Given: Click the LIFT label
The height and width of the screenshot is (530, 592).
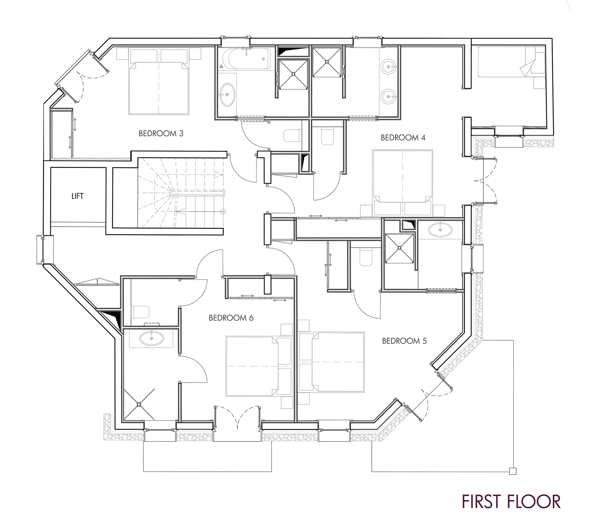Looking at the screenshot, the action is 77,196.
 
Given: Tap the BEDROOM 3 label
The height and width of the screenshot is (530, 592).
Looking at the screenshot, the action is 161,134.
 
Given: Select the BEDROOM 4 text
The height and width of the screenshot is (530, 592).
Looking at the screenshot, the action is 403,138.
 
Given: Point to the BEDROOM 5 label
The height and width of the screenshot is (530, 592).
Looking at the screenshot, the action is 404,341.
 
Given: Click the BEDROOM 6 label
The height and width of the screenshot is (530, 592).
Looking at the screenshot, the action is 231,318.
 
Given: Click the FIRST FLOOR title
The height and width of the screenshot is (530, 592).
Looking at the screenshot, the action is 511,501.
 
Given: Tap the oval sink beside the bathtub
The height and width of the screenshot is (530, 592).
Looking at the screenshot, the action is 228,94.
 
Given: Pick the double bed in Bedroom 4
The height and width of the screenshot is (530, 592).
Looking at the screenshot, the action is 403,183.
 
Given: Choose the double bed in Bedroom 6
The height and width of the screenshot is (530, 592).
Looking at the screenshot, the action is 259,366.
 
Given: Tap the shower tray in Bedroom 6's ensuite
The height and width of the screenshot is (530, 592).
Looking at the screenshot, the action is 139,404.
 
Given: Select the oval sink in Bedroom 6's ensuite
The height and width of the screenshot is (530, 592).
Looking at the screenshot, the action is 151,339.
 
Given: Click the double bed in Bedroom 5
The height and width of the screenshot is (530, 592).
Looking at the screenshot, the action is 332,362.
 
